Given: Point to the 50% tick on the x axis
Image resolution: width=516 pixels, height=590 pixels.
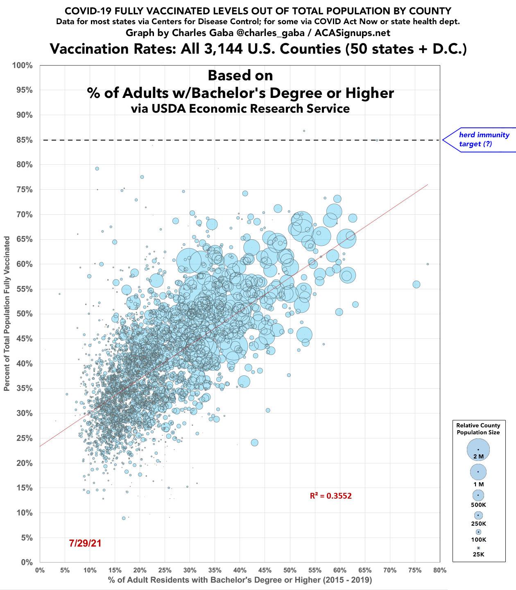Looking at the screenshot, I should (x=290, y=570).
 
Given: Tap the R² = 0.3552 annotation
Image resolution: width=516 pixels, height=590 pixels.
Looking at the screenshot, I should (x=330, y=496).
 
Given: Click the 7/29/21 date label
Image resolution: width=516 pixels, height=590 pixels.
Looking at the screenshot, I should (x=85, y=543).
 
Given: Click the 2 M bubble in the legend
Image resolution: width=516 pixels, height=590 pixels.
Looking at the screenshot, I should (x=478, y=449).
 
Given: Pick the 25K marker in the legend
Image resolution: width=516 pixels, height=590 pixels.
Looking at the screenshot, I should (x=478, y=548).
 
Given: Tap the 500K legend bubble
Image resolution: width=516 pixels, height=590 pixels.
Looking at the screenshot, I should (x=478, y=495).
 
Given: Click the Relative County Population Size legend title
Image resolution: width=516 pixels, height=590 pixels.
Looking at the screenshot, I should (x=478, y=429).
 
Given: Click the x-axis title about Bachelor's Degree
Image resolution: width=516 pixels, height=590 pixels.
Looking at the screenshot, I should (x=240, y=580).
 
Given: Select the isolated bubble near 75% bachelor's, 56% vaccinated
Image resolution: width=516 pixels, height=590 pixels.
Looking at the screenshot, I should (x=416, y=284).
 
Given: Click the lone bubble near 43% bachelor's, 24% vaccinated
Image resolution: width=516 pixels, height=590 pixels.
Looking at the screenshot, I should (x=254, y=442).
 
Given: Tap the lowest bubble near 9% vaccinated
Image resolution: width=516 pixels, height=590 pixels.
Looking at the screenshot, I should (x=124, y=518).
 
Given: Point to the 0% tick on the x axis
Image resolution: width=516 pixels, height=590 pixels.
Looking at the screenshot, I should (x=40, y=570).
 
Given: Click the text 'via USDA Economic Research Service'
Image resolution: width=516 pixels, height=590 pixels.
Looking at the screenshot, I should (x=240, y=109).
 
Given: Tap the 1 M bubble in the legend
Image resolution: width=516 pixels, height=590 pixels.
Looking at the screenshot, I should (x=478, y=472).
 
